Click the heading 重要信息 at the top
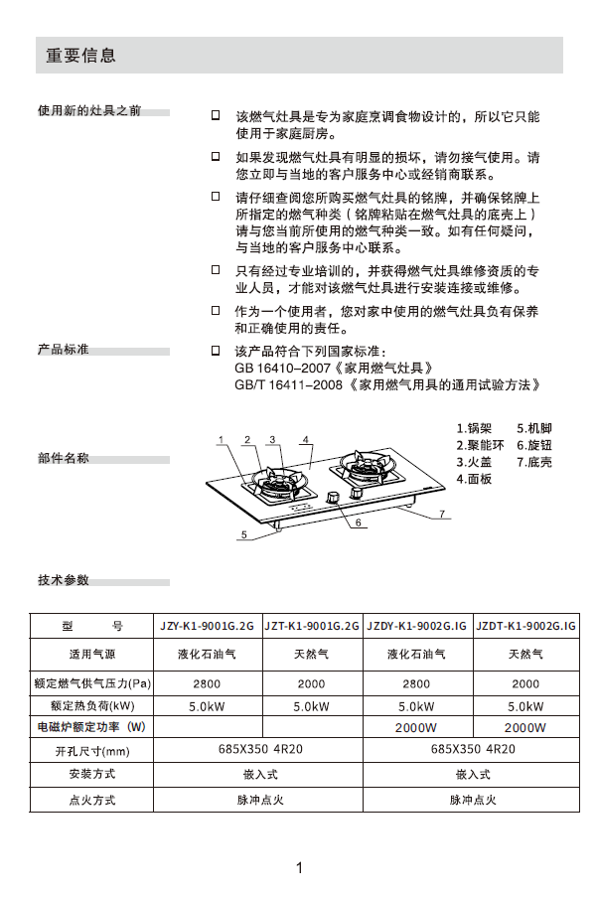point(81,57)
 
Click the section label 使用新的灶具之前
point(89,109)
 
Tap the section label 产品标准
point(64,350)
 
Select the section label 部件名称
point(64,458)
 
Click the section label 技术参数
point(64,580)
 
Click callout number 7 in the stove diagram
point(444,513)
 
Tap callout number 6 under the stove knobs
point(355,522)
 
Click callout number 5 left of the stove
point(242,533)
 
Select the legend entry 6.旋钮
point(534,446)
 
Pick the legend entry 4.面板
point(474,478)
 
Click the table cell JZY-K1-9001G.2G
point(208,627)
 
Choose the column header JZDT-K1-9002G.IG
point(525,627)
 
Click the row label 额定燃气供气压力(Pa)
point(92,684)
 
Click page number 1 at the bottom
point(298,868)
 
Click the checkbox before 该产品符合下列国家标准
point(216,352)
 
